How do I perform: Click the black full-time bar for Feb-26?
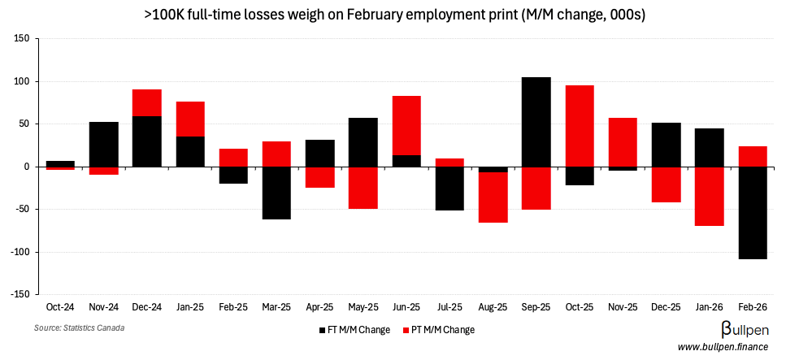coord(753,213)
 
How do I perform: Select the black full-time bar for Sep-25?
coord(536,122)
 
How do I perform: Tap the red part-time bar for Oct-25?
coord(580,126)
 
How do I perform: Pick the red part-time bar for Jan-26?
coord(710,196)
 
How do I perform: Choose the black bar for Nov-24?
coord(103,144)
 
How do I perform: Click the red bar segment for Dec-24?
coord(146,102)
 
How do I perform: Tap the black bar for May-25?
coord(363,142)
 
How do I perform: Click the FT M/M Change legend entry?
coord(354,330)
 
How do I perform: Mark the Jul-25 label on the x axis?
coord(449,308)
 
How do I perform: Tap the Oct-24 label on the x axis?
coord(59,308)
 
